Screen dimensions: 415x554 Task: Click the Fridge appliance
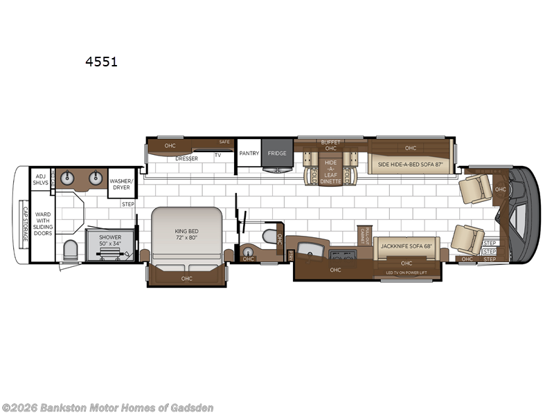coord(277,153)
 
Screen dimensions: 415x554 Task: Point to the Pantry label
coord(249,153)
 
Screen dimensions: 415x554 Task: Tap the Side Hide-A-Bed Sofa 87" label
coord(410,165)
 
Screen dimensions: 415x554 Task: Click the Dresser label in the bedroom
coord(186,158)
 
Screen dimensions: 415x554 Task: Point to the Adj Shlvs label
coord(40,178)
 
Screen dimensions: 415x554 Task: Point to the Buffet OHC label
coord(330,145)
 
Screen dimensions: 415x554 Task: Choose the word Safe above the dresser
coord(224,142)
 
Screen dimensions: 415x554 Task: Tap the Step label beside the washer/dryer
coord(128,204)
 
